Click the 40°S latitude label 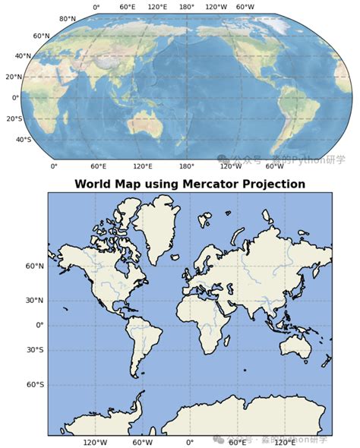tap(23, 140)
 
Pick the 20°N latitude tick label tap(14, 77)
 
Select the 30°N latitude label tap(34, 300)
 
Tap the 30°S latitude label tap(34, 350)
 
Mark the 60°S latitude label tap(34, 385)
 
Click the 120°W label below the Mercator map tap(95, 442)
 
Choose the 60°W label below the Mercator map tap(142, 442)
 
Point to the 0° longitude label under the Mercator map tap(189, 442)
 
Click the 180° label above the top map tap(186, 7)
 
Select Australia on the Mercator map tap(298, 346)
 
